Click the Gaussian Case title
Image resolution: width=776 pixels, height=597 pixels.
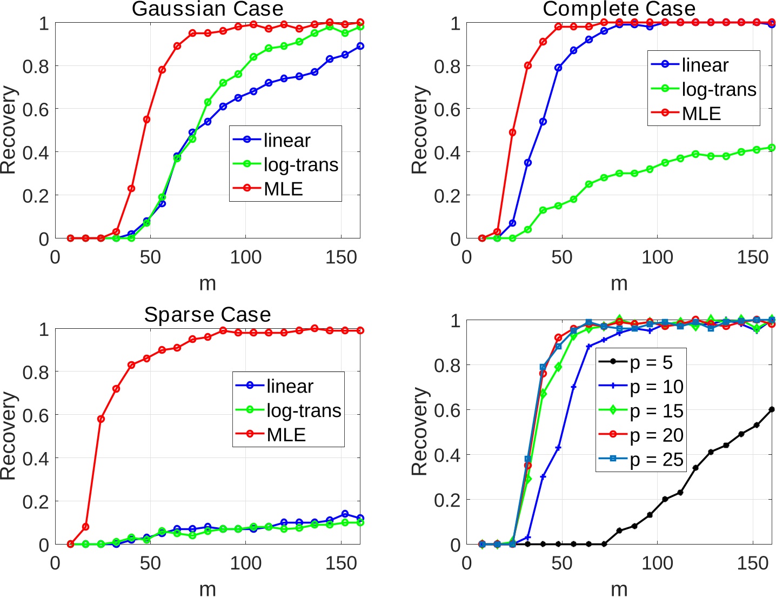[x=208, y=9]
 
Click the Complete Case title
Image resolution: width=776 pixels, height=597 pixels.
[x=619, y=9]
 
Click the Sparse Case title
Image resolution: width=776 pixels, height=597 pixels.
[x=208, y=315]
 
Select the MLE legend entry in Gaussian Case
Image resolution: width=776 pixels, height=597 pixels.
[x=283, y=189]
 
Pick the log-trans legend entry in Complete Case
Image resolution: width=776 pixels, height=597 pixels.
[x=719, y=89]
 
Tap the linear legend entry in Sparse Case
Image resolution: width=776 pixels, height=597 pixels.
[x=290, y=386]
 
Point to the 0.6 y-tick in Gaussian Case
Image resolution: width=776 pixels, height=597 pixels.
[x=35, y=109]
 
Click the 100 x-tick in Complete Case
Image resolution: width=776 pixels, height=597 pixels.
[x=657, y=257]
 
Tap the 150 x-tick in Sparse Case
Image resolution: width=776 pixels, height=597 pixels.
[x=341, y=563]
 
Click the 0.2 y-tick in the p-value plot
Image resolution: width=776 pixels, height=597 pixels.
[x=447, y=500]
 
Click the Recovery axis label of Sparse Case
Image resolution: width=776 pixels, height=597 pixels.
[x=9, y=436]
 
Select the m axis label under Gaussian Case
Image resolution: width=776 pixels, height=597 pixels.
[x=208, y=283]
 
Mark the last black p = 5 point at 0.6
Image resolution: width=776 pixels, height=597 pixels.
[x=771, y=409]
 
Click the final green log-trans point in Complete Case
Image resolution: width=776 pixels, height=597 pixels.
[x=771, y=148]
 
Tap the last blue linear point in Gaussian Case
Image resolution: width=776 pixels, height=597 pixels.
[x=360, y=47]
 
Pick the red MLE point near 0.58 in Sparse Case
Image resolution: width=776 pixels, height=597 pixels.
[x=101, y=419]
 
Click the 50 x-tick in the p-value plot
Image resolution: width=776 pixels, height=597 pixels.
[x=562, y=563]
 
